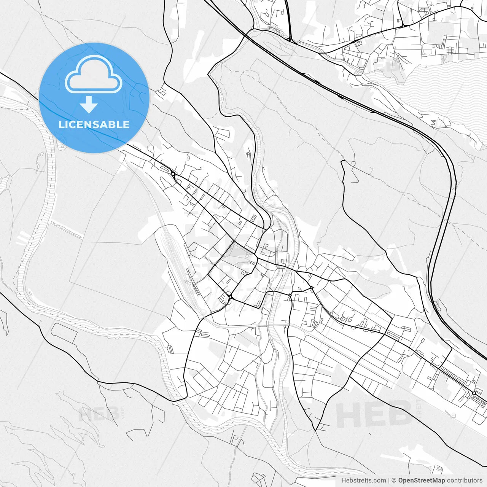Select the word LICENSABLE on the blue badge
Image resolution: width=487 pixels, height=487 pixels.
[94, 124]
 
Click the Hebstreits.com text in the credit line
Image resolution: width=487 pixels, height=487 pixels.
[363, 481]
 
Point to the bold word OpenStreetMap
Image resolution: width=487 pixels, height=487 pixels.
[422, 481]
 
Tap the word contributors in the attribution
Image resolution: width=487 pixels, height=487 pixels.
[465, 481]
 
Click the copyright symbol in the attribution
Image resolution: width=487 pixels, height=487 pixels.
[394, 481]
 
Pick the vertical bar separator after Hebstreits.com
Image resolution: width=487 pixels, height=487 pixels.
[389, 481]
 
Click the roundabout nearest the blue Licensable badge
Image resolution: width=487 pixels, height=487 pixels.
[173, 174]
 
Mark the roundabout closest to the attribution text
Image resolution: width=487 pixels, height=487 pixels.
[474, 393]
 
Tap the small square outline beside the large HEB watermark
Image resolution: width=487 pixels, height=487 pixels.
[454, 416]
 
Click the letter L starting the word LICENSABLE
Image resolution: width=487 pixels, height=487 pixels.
[61, 124]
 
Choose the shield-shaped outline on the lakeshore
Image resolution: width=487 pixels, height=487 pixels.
[444, 59]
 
